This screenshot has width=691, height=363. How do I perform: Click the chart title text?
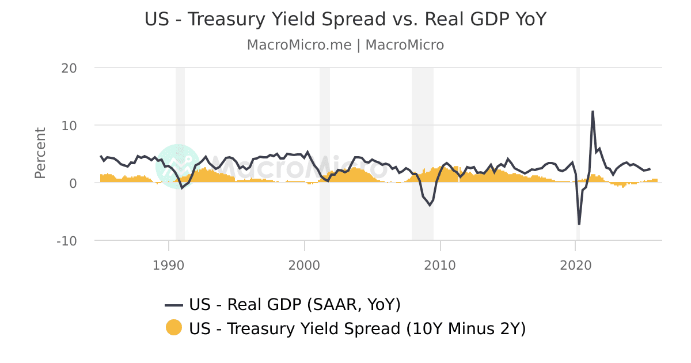point(345,20)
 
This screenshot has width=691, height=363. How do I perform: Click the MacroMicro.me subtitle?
point(345,45)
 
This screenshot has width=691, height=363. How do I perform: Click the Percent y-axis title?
point(40,153)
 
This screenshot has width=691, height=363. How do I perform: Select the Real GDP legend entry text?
point(294,304)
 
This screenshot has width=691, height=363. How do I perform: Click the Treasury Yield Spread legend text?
point(357,328)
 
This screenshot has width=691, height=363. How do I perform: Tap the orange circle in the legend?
point(173,327)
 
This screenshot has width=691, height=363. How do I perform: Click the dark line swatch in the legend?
point(173,305)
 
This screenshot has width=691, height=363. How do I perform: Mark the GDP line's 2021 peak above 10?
point(593,111)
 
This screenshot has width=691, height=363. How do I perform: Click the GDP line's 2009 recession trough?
point(430,205)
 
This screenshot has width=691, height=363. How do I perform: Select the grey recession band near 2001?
point(325,153)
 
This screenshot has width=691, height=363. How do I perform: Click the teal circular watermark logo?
point(178,166)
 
